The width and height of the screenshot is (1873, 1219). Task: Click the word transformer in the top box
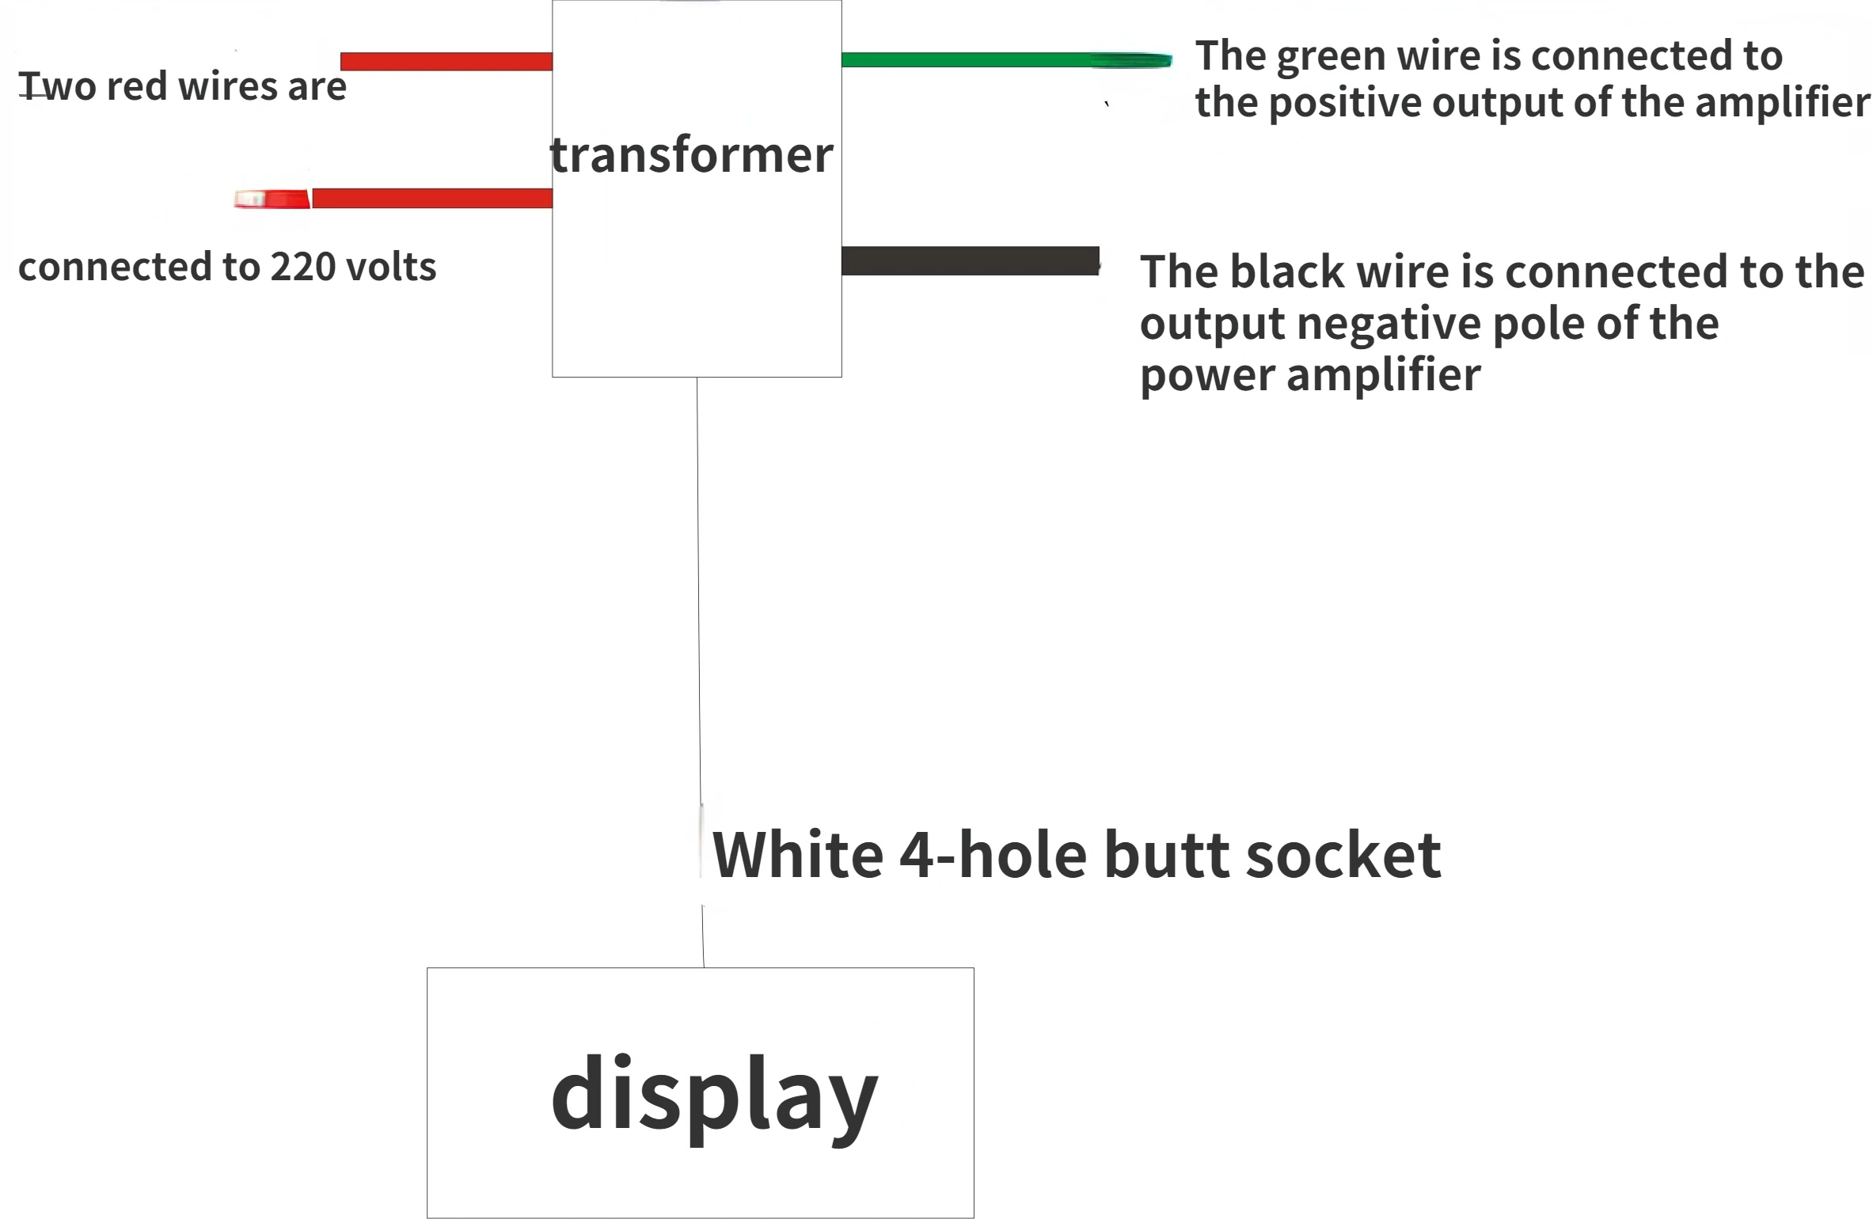coord(691,155)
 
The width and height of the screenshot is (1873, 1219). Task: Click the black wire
coord(970,261)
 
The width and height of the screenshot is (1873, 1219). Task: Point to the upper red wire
coord(446,61)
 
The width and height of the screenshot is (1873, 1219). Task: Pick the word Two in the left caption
coord(57,86)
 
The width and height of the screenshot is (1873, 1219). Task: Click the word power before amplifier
coord(1207,375)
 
